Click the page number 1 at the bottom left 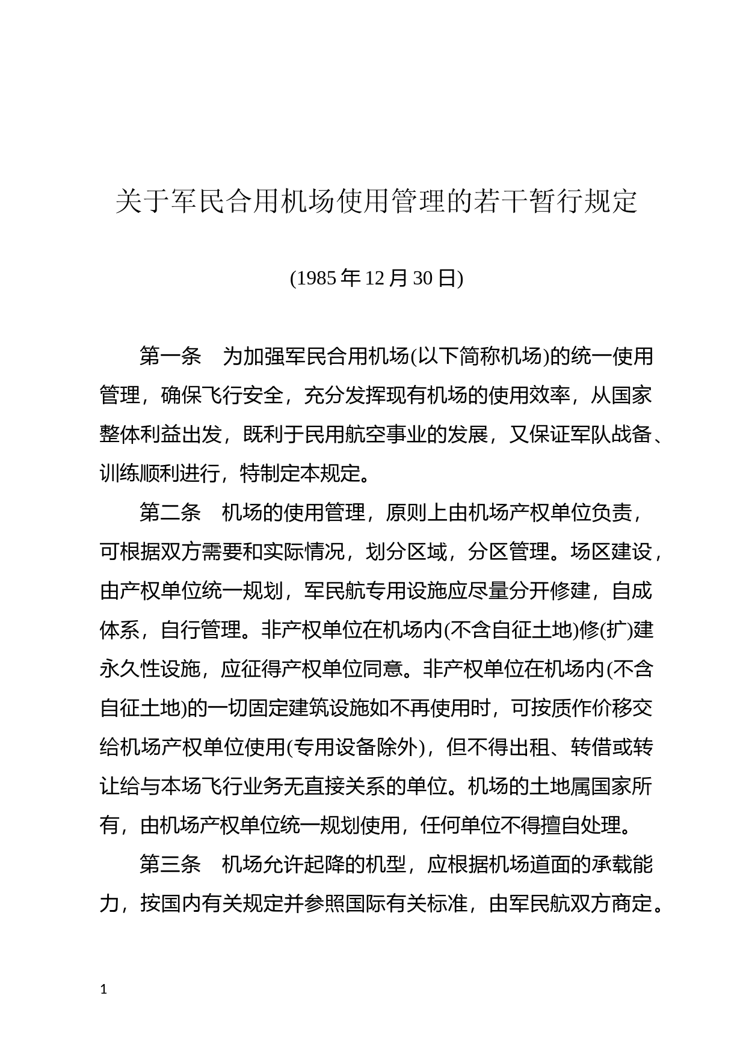coord(104,989)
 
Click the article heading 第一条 coord(170,357)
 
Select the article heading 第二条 coord(170,512)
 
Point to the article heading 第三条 coord(170,864)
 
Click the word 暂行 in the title coord(553,202)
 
